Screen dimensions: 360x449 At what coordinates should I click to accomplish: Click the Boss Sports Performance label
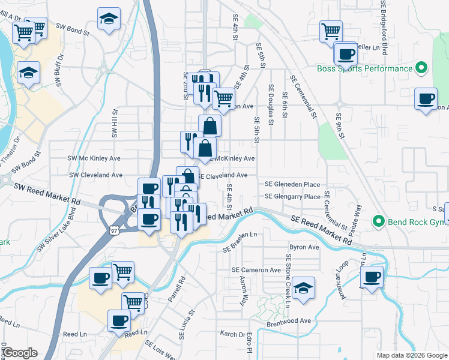[x=365, y=68]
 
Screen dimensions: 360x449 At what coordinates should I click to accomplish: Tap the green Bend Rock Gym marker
[x=378, y=221]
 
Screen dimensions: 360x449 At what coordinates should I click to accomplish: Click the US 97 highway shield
[x=115, y=229]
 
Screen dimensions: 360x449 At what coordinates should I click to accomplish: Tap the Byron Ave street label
[x=304, y=247]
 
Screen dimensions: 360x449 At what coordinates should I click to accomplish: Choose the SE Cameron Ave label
[x=256, y=270]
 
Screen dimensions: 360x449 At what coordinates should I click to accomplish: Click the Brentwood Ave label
[x=289, y=320]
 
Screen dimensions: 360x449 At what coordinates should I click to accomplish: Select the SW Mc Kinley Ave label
[x=95, y=158]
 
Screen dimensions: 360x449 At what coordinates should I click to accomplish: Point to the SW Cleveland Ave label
[x=96, y=175]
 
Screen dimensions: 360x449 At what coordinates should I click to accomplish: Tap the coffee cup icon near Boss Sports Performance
[x=346, y=54]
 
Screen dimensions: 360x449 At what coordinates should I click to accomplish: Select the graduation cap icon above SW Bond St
[x=109, y=19]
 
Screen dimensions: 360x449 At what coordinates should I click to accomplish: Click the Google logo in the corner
[x=20, y=353]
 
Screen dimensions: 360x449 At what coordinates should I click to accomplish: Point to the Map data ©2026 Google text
[x=412, y=355]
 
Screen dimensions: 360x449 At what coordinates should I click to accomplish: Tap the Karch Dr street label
[x=233, y=333]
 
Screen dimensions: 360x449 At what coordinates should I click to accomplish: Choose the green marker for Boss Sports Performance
[x=421, y=68]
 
